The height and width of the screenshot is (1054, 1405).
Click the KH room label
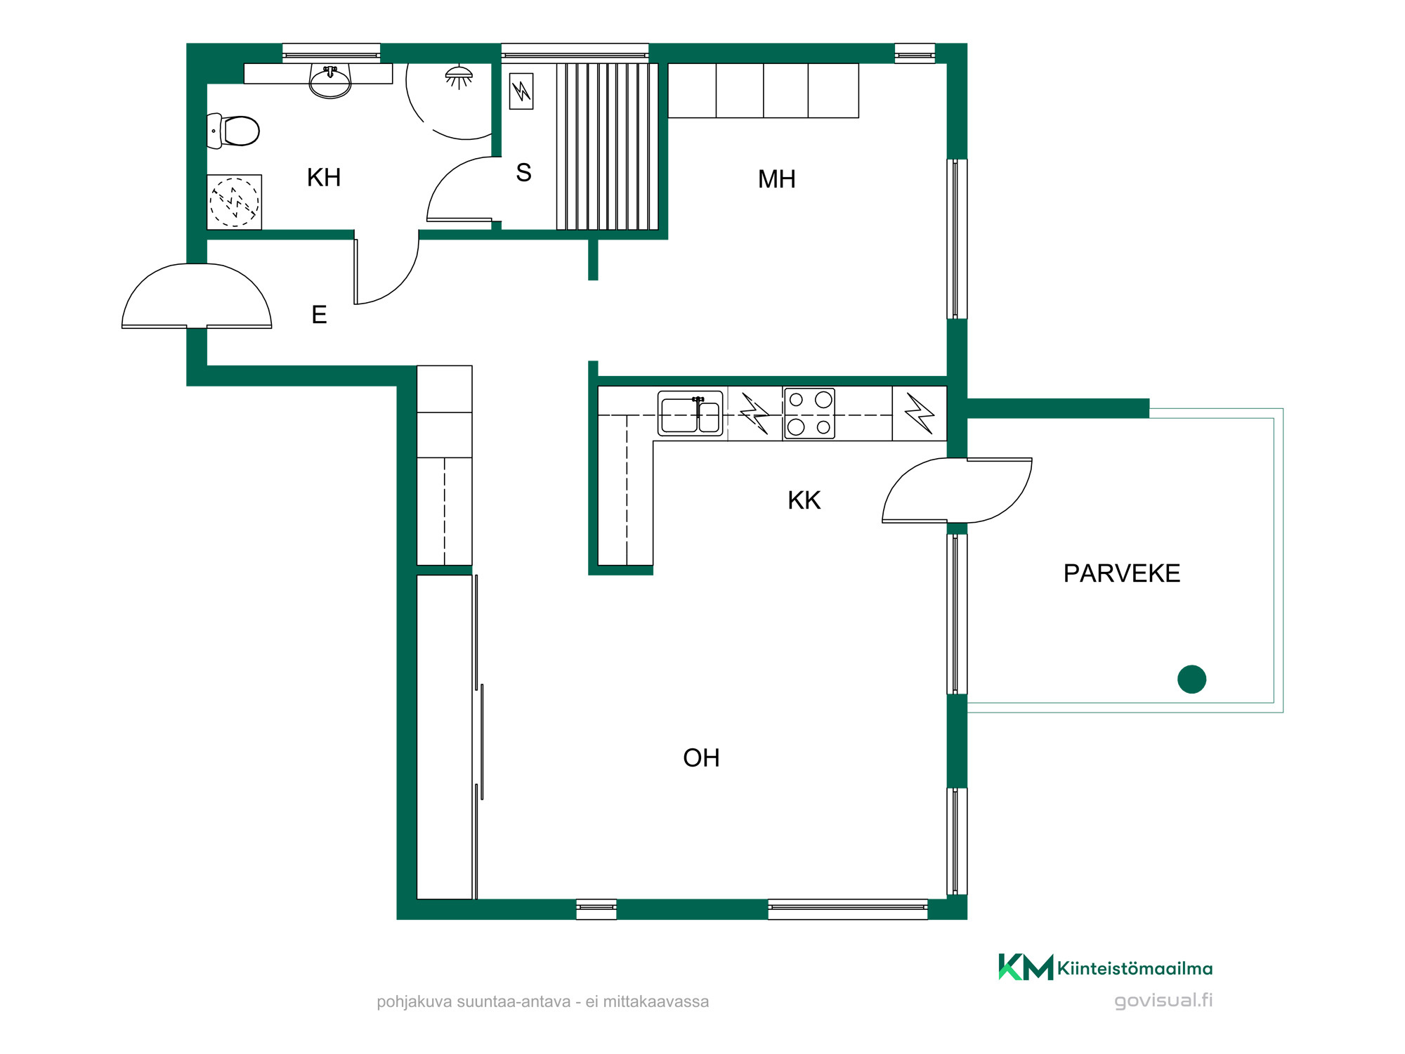pos(324,178)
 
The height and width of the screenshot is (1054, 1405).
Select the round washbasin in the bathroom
pos(330,82)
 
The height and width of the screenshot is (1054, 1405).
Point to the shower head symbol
pos(459,77)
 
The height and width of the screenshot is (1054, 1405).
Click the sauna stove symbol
pos(521,91)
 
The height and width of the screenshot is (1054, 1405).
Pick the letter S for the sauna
pos(523,173)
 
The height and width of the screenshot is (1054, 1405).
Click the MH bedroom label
pos(776,179)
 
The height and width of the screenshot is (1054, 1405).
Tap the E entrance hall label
pos(319,315)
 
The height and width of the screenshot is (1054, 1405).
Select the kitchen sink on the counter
pos(690,414)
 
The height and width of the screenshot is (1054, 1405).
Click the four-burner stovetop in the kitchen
pos(809,414)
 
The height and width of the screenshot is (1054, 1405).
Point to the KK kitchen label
pos(804,500)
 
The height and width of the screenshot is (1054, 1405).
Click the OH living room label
pos(701,758)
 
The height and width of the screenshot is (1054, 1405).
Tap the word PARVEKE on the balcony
pos(1121,573)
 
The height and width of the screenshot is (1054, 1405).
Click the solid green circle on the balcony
pos(1191,679)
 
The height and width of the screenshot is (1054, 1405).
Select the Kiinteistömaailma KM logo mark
pos(1026,967)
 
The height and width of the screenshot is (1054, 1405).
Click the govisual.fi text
pos(1163,1001)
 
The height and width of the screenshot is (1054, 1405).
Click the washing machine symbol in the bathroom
pos(235,202)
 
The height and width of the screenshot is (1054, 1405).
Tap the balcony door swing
pos(957,490)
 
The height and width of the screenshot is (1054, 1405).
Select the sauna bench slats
pos(608,147)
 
